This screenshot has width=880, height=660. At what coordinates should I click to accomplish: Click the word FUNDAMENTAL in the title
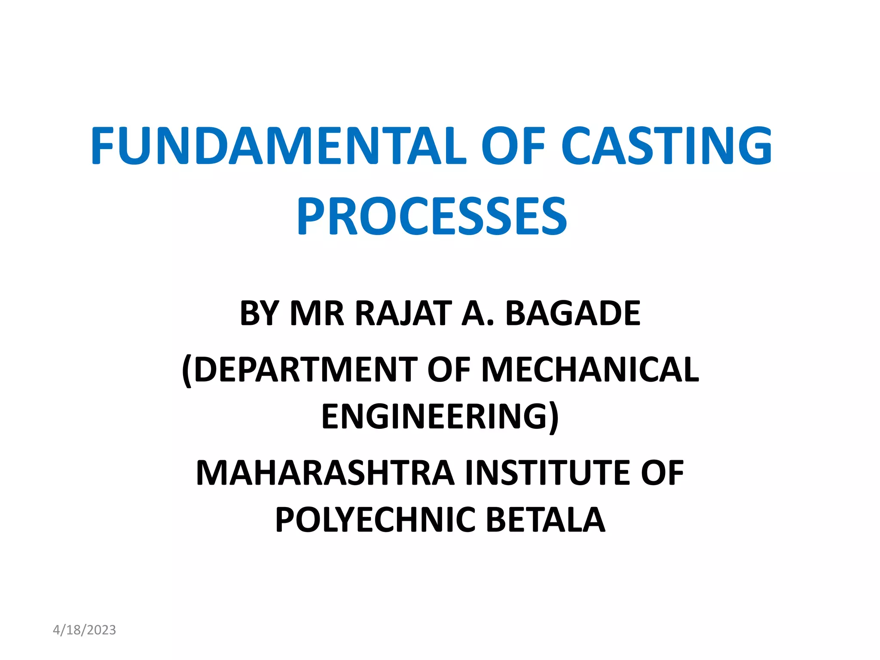point(278,146)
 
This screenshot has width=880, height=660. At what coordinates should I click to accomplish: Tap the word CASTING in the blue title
point(667,146)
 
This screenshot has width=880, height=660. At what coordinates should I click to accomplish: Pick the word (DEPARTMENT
point(299,370)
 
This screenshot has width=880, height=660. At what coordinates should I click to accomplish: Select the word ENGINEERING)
point(440,416)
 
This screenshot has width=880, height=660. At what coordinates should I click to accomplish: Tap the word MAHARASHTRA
point(325,473)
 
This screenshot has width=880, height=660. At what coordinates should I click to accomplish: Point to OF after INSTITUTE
point(662,473)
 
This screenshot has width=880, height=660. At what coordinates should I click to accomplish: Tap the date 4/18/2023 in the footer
point(84,630)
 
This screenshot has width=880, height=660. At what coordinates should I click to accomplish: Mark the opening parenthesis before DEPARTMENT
point(187,371)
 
